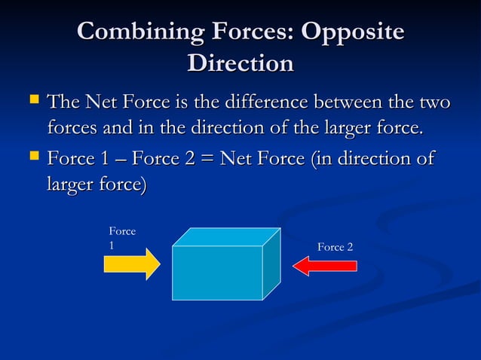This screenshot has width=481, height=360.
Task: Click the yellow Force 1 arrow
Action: coord(132,264)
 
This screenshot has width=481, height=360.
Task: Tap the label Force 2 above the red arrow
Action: coord(335,247)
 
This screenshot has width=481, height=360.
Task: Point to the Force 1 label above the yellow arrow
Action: coord(121,238)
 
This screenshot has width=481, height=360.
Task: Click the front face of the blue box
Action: coord(217,272)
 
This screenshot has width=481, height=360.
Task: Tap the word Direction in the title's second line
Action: coord(240,63)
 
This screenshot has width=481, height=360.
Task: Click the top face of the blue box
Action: coord(226,236)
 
